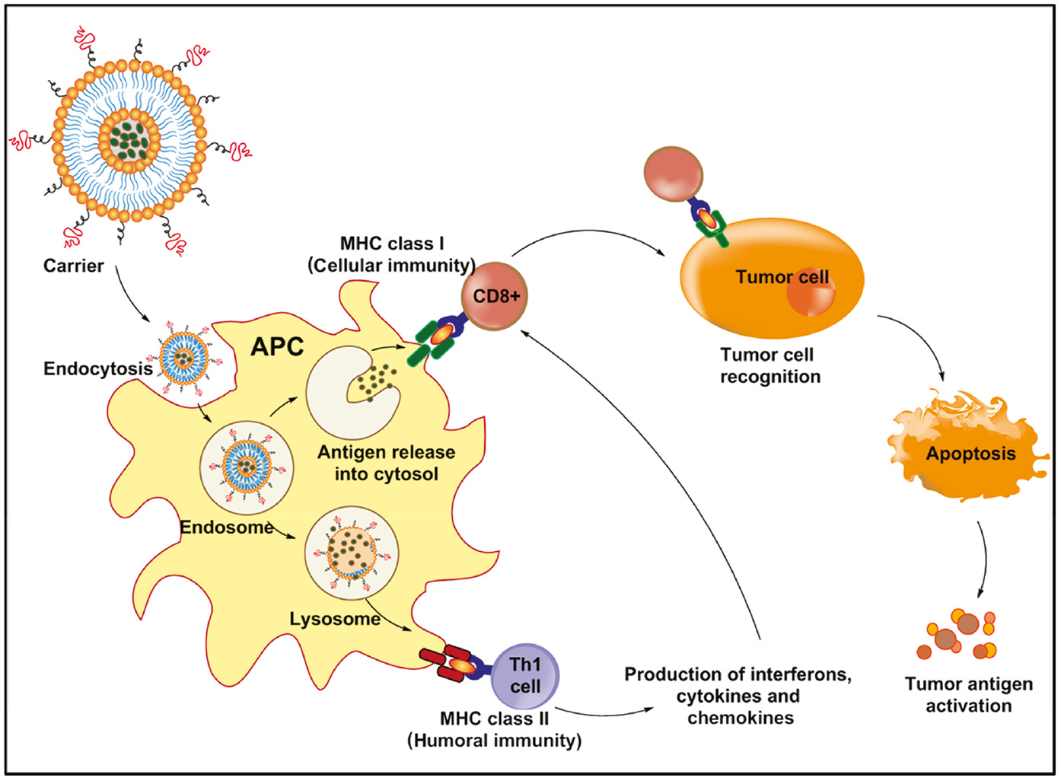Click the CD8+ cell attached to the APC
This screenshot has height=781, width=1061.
(494, 296)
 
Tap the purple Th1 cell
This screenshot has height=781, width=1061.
(525, 674)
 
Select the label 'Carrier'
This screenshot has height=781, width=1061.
(73, 266)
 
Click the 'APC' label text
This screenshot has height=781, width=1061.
(277, 347)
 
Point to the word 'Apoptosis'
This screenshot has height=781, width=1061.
(970, 454)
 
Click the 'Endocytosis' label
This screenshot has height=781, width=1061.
(98, 369)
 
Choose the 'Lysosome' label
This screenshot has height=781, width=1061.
(335, 619)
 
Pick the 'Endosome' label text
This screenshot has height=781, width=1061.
(226, 527)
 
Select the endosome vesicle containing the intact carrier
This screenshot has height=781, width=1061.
(247, 466)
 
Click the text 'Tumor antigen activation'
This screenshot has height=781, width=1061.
(968, 694)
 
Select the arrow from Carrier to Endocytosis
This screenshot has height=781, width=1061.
(130, 297)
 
